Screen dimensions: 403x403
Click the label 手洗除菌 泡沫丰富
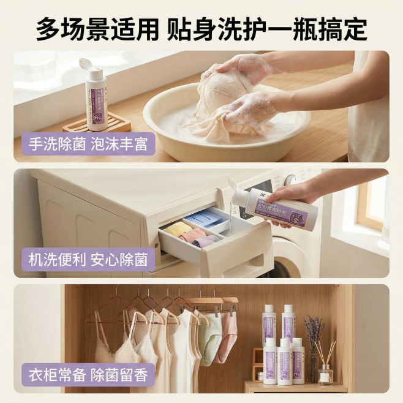(89, 145)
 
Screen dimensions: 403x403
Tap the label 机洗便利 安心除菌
(89, 260)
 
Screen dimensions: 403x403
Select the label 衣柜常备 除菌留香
(89, 374)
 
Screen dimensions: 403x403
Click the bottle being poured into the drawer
(279, 208)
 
